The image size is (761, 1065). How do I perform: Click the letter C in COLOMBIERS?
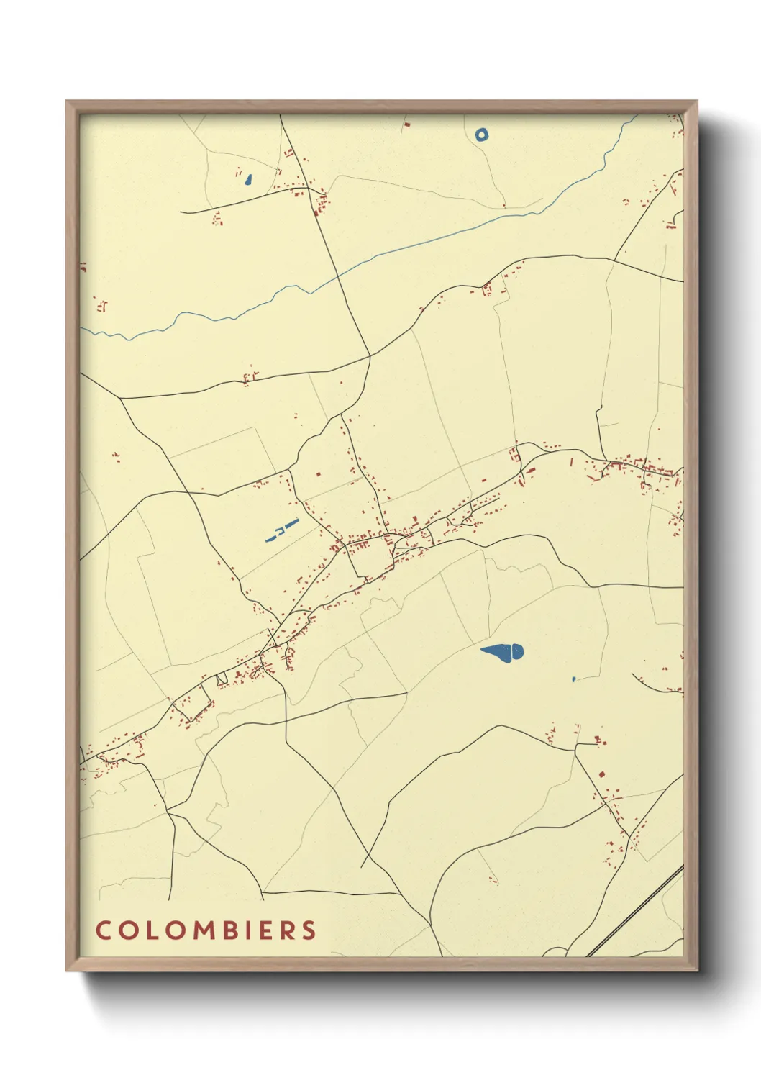coord(102,930)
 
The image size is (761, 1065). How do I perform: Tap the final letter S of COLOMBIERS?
coord(309,930)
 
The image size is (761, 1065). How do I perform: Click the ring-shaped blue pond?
coord(481,134)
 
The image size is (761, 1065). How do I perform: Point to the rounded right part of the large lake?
coord(515,653)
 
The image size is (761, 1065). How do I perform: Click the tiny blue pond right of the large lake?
coord(573,679)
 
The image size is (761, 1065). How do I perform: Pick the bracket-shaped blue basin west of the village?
coord(273,535)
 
